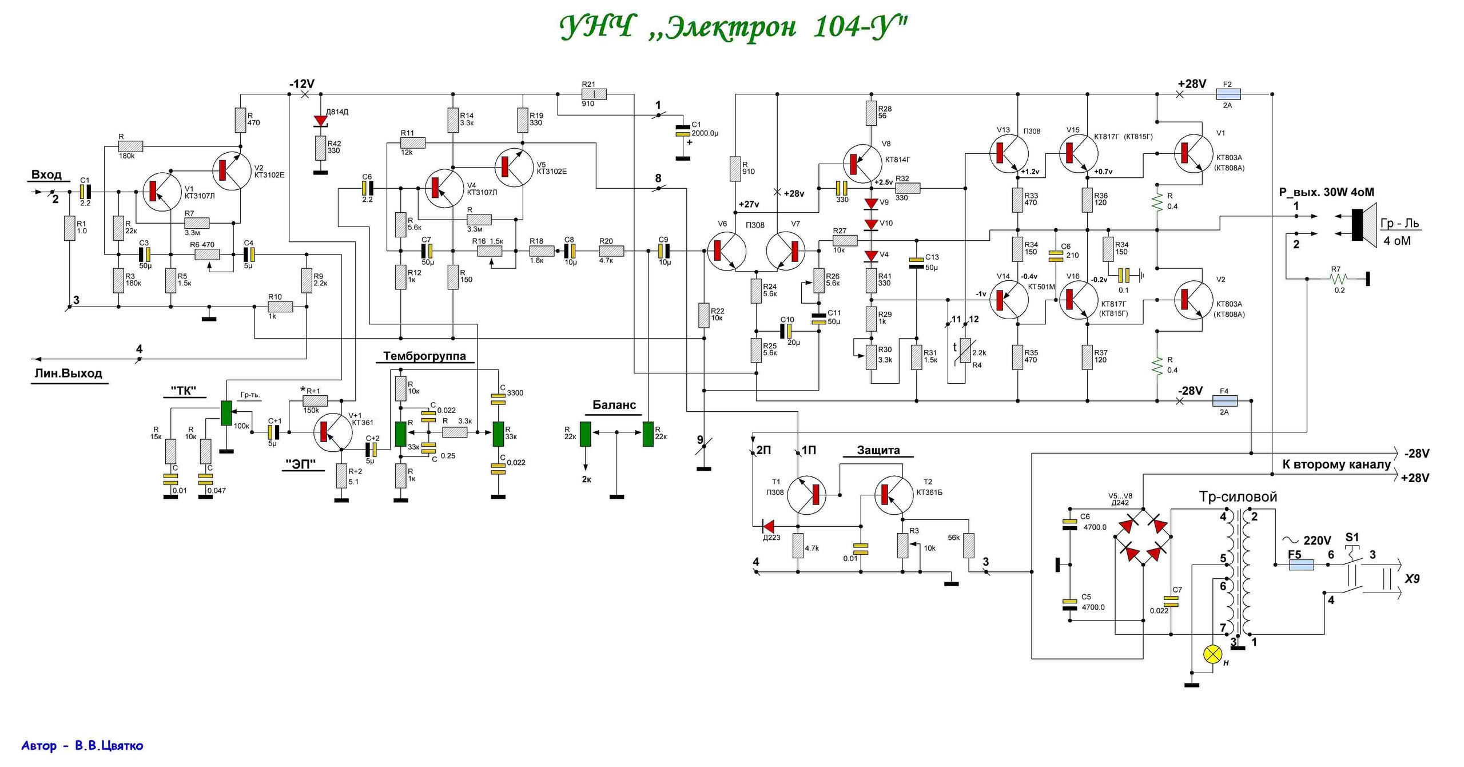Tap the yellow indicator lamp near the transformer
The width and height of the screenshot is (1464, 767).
1212,654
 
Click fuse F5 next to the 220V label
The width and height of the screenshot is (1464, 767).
1301,565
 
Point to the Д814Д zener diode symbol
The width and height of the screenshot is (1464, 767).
321,121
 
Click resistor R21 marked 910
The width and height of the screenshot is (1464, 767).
594,94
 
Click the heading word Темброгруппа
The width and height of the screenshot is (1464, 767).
424,356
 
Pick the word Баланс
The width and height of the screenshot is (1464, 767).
614,405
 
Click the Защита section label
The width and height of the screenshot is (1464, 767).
878,450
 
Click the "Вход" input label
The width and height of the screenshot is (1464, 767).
46,174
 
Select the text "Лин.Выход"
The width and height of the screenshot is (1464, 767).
69,373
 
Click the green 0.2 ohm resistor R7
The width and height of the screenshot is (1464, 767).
1338,279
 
